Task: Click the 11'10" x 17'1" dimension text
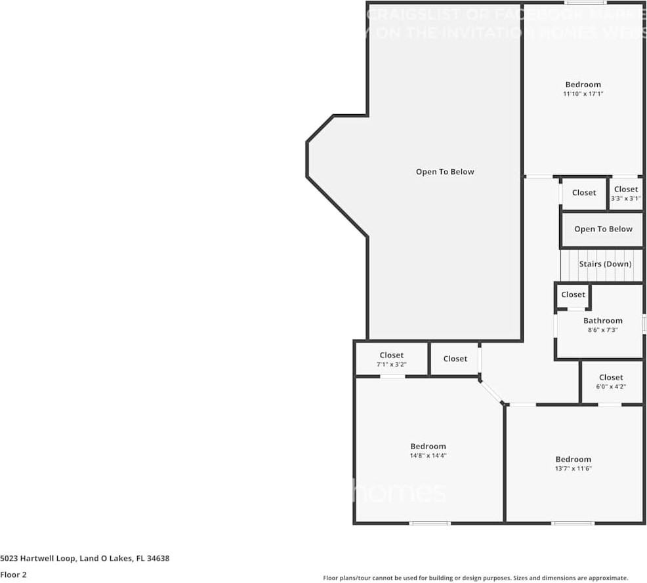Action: tap(583, 94)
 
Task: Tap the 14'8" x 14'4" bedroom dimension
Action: tap(428, 456)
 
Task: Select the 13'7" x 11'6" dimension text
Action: tap(573, 469)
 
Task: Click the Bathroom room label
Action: tap(602, 321)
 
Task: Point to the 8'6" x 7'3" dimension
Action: tap(602, 330)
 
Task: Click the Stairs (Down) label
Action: tap(605, 264)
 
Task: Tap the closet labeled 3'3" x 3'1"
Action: tap(625, 193)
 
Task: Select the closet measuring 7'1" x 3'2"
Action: tap(391, 359)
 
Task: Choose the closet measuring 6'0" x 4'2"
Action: tap(610, 381)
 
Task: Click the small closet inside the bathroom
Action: tap(573, 295)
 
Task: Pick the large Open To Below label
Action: tap(444, 172)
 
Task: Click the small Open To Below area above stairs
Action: tap(603, 229)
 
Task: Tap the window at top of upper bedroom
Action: tap(577, 3)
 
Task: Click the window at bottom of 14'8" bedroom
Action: tap(430, 523)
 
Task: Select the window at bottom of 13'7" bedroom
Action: tap(573, 523)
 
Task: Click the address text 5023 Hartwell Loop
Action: tap(85, 559)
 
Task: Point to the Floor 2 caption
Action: tap(14, 574)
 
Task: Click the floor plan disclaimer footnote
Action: tap(475, 578)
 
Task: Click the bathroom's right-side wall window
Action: tap(644, 323)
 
